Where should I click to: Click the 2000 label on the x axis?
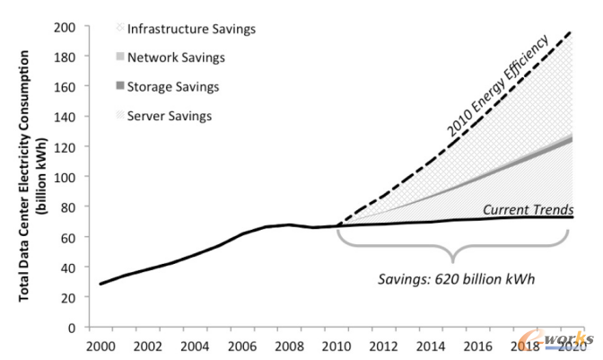pyautogui.click(x=101, y=345)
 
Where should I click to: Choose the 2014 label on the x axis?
pyautogui.click(x=430, y=345)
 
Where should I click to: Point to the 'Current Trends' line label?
pyautogui.click(x=528, y=209)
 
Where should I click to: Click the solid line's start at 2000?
pyautogui.click(x=101, y=284)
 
